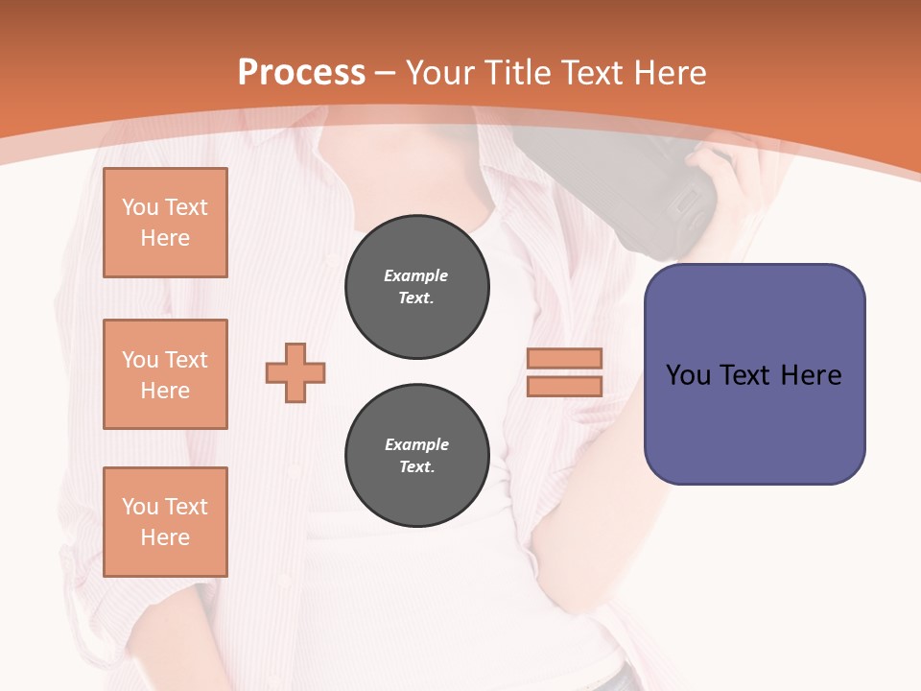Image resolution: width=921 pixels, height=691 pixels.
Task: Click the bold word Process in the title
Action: [301, 73]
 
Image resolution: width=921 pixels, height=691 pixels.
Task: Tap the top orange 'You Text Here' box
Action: [165, 223]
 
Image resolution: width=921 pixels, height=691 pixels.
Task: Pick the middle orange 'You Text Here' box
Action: [165, 374]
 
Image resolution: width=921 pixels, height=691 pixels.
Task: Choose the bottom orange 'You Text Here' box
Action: [165, 522]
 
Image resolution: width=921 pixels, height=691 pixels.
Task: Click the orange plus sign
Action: [295, 372]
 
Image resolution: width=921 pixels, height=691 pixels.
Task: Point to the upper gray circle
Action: [416, 287]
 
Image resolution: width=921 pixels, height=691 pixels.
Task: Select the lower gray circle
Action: [416, 456]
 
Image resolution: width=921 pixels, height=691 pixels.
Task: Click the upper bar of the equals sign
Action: [564, 358]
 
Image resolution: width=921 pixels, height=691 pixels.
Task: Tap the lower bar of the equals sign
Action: [564, 386]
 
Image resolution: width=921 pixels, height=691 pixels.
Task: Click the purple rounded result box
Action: [754, 374]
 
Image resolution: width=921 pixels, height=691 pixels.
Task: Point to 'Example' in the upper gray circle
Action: [416, 275]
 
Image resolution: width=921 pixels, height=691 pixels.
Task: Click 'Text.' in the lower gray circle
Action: [416, 467]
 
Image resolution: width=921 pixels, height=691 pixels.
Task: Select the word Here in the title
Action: [668, 73]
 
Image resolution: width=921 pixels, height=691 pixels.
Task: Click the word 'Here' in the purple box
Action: [811, 375]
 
